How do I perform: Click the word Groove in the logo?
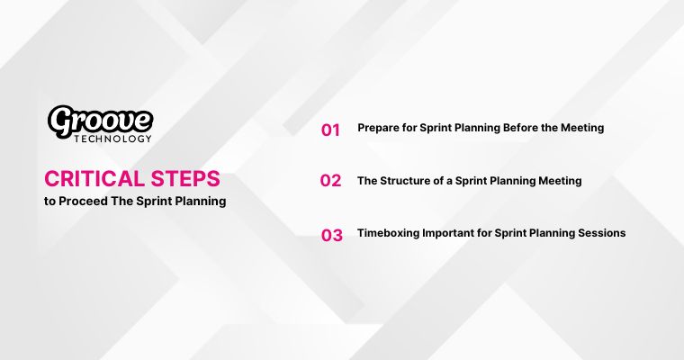(x=100, y=120)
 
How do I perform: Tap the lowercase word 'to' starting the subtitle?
(x=49, y=201)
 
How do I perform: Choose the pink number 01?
(x=330, y=130)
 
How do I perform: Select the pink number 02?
(x=330, y=181)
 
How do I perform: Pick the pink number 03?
(x=332, y=236)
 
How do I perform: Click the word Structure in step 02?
(x=405, y=180)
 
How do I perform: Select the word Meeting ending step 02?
(x=559, y=180)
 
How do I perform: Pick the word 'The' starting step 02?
(x=367, y=180)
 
